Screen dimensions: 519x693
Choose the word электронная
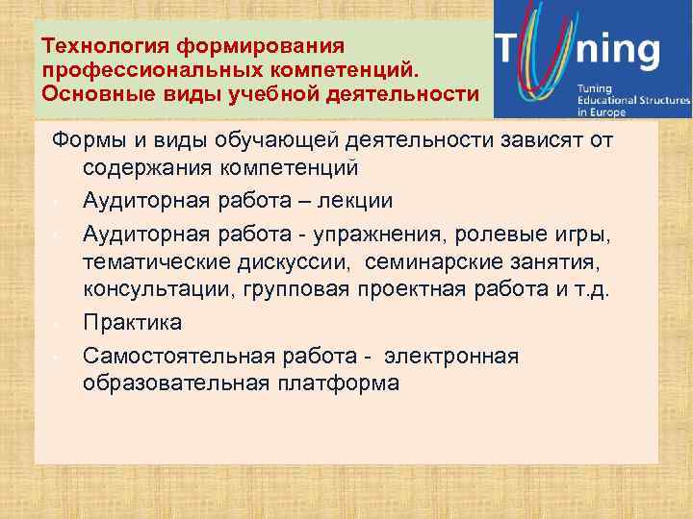pos(451,356)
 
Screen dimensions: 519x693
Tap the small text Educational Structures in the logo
pos(633,101)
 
